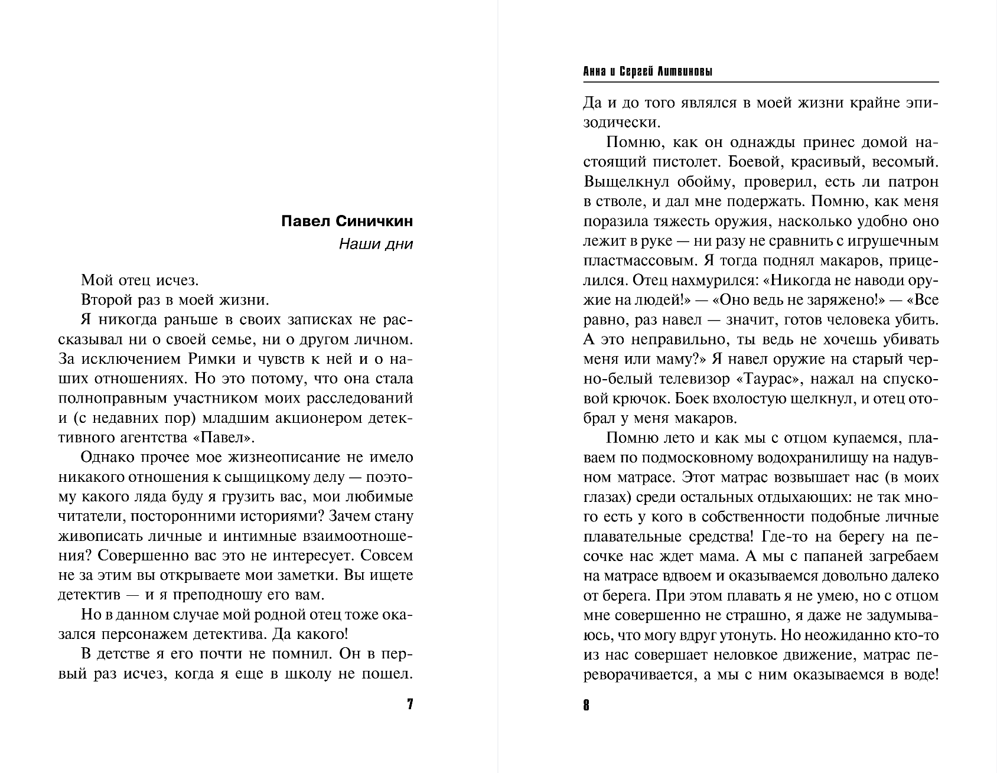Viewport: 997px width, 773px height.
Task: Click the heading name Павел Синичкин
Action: click(347, 221)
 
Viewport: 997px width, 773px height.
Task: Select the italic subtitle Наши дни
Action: click(376, 244)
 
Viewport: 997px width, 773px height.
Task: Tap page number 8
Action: click(587, 704)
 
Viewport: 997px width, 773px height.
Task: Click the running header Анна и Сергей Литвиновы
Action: click(647, 72)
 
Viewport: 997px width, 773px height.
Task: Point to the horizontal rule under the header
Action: click(761, 81)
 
